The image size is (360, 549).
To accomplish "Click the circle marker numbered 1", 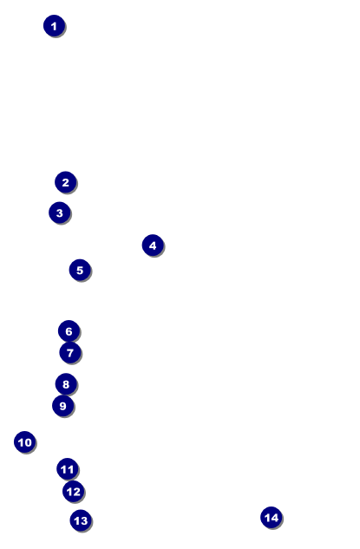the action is tap(54, 25).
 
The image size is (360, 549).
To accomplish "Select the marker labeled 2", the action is tap(65, 182).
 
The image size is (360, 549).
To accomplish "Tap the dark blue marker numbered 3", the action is tap(60, 212).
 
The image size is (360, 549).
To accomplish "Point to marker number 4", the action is tap(153, 245).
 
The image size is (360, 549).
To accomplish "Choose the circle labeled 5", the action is tap(80, 270).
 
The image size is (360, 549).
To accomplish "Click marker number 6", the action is tap(69, 330).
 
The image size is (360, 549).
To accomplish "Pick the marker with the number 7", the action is tap(70, 353).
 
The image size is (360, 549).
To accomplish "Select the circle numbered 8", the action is tap(66, 384).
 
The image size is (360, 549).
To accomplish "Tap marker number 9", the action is tap(63, 406).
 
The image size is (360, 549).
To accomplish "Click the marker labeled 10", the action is tap(25, 441).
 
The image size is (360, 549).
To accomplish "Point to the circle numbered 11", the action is tap(68, 469).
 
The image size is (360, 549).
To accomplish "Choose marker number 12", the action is tap(73, 491).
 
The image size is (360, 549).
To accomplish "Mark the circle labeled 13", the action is tap(81, 520).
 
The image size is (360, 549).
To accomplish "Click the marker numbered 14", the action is tap(272, 517).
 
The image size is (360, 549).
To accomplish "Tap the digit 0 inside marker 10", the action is tap(28, 442).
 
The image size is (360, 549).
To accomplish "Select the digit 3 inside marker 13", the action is tap(84, 520).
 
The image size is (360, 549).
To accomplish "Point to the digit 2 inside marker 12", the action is tap(76, 492).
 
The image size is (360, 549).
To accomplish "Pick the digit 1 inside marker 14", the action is tap(267, 518).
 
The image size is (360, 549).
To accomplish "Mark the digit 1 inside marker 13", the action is tap(76, 520).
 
